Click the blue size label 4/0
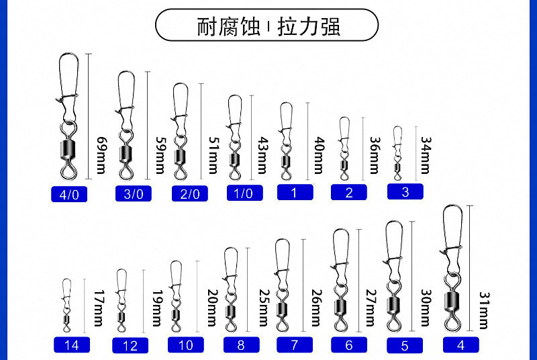[x=69, y=194]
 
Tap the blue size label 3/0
[x=133, y=193]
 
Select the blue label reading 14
[x=72, y=345]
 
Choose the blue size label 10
[x=186, y=345]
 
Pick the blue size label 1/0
[x=244, y=193]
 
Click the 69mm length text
[x=101, y=155]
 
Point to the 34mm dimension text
[x=426, y=155]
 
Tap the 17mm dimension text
[x=99, y=308]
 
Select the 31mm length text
[x=483, y=310]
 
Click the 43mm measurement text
[x=262, y=155]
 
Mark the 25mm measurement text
[x=263, y=308]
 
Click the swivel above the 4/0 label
[x=68, y=116]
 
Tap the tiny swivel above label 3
[x=397, y=153]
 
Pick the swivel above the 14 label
[x=66, y=305]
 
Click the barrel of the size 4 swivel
[x=452, y=302]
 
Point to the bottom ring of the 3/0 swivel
[x=126, y=172]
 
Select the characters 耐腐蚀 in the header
[x=228, y=27]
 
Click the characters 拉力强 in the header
[x=309, y=27]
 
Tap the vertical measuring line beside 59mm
[x=148, y=126]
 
